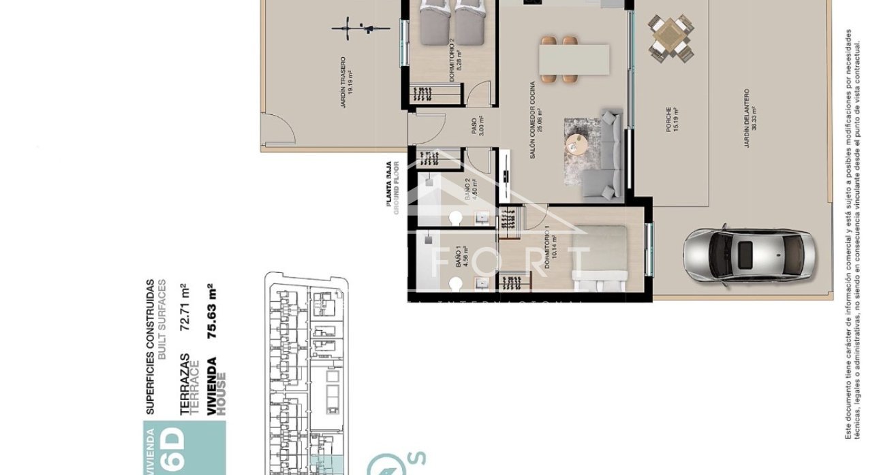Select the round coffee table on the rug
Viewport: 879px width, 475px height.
click(x=577, y=144)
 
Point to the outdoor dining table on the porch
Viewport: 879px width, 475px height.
click(x=670, y=37)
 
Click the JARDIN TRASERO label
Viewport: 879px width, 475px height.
click(x=345, y=82)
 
